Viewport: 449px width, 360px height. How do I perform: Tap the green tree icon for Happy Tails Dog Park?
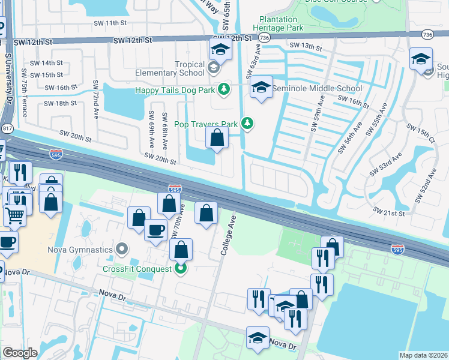point(224,89)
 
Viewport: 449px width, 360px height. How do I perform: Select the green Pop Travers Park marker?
point(247,124)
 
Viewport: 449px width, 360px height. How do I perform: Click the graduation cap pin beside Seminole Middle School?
point(261,88)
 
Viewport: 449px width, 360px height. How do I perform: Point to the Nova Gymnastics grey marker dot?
point(122,248)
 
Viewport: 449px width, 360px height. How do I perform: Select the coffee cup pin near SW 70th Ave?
point(156,230)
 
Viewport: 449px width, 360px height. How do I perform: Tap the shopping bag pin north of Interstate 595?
point(217,138)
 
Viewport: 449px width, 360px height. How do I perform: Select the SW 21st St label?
point(389,212)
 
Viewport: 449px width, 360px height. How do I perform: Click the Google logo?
point(20,353)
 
